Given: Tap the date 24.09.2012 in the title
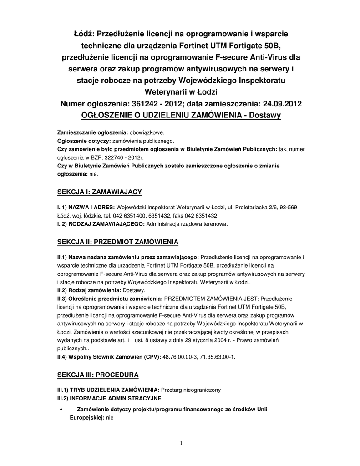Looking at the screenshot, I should tap(279, 104).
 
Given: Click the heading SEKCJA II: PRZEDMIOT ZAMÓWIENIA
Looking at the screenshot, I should tap(118, 241).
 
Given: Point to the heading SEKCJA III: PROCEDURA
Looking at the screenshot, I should tap(98, 375).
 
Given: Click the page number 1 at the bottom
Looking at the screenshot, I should tap(181, 443).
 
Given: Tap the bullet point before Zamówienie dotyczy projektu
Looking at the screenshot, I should tap(61, 410).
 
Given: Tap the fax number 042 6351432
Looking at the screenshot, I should tap(201, 216).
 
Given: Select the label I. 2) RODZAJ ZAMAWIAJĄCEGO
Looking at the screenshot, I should tap(101, 224).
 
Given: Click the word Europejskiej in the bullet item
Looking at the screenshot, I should tap(86, 417).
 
